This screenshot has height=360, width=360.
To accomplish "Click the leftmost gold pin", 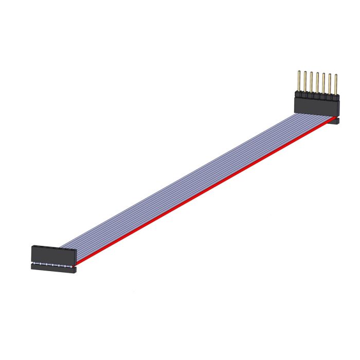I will coord(298,81).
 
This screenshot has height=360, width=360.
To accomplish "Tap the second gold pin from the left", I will coord(304,81).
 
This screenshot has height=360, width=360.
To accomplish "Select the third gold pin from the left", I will coord(311,82).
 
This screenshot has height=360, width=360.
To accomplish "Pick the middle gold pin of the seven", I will coord(317,82).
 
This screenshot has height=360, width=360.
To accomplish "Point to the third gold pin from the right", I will coord(323,83).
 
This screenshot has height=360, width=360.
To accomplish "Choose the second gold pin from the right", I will coord(329,83).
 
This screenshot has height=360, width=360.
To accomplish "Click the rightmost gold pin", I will coord(335,84).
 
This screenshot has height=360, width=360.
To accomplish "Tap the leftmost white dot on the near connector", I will coord(34,263).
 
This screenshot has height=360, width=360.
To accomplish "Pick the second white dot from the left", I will coord(40,264).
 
